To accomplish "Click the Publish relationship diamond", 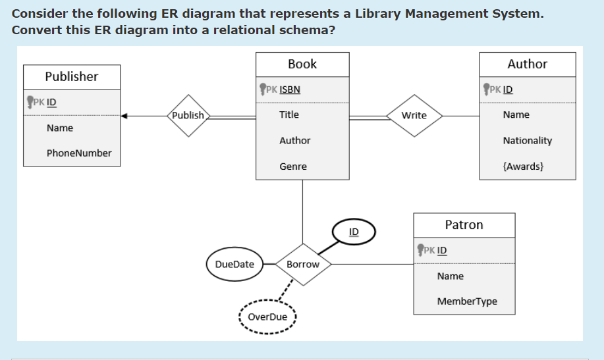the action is coord(188,116).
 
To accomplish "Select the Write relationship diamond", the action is coord(414,116).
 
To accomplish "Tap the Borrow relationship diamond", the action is coord(303,265).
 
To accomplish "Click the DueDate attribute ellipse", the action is coord(234,264).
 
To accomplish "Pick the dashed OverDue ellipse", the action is coord(267,317).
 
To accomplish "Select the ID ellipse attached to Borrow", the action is coord(354,232).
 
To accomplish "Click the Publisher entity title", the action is coord(72,76).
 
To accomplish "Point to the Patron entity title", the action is coord(464,224).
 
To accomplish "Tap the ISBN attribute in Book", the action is coord(290,90).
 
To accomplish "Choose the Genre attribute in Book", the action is coord(293,167).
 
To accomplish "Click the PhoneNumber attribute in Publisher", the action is coord(79,153).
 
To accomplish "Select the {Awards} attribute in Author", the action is coord(523,167).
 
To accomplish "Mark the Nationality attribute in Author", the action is coord(528,141).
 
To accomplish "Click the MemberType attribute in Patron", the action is coord(467,301).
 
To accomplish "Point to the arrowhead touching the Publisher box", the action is coord(124,116).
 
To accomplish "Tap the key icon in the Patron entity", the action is coord(420,250).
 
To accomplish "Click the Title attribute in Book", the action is coord(289,115).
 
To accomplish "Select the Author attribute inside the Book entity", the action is coord(294,141).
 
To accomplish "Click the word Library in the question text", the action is coord(378,14).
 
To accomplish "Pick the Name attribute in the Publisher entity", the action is coord(60,128).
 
